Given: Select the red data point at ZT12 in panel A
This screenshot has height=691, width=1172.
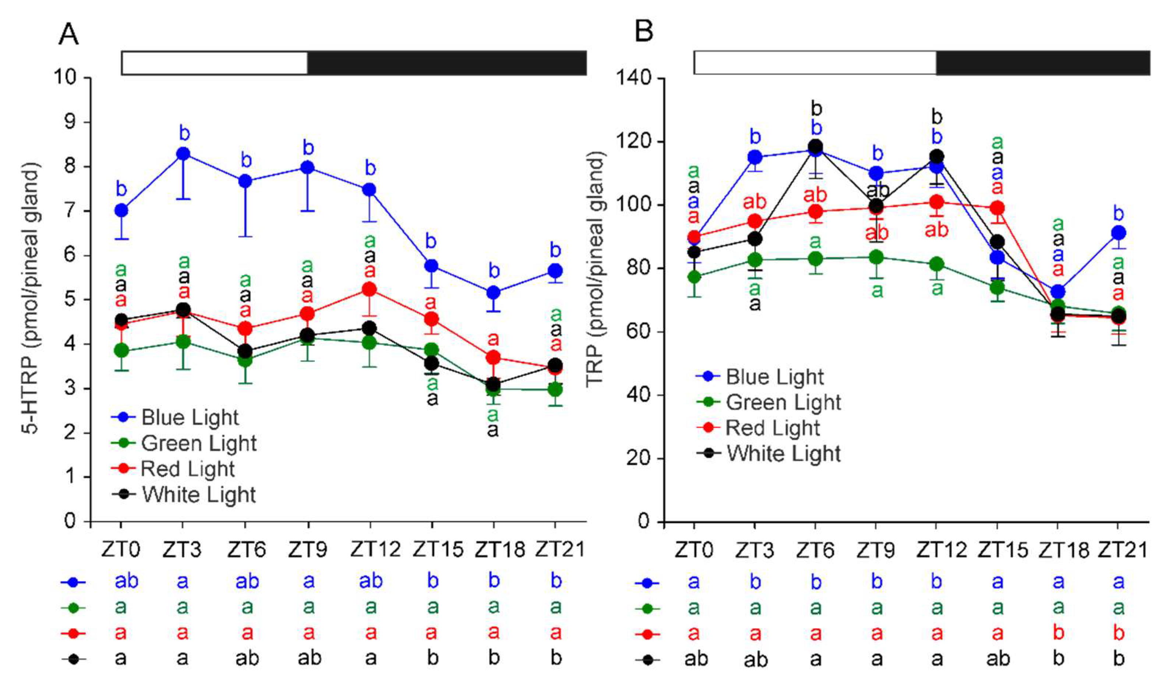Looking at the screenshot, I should [x=370, y=289].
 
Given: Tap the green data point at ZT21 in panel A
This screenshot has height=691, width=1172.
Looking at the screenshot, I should [x=555, y=389].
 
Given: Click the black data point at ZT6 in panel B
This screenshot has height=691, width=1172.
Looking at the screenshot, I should [x=815, y=146].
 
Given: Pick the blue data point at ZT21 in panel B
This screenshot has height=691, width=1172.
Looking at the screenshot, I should [x=1118, y=233].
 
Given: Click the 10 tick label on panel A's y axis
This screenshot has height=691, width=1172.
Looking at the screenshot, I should [x=65, y=77].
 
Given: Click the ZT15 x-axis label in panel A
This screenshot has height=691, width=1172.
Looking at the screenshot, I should [x=438, y=550].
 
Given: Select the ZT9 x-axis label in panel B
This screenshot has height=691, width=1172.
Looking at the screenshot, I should [x=876, y=550].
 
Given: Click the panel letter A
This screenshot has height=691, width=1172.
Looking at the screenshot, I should [x=68, y=33].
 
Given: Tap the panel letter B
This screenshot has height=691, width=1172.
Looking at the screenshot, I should [x=644, y=32].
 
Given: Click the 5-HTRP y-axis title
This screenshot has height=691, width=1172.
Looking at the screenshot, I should [x=32, y=298].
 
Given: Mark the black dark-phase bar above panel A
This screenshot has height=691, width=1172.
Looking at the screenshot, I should [x=446, y=63].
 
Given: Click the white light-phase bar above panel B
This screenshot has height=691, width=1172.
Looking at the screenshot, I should [x=815, y=63].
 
